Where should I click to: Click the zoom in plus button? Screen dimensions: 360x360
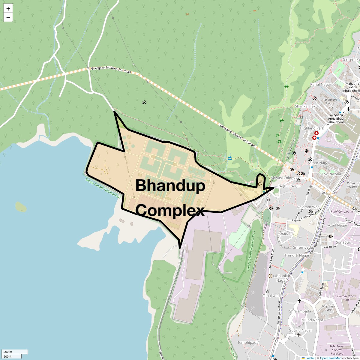click(x=8, y=9)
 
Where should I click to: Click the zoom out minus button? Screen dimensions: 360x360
click(x=8, y=18)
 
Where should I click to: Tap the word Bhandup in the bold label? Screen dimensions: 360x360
click(x=170, y=186)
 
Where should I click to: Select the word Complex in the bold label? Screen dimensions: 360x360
click(x=170, y=210)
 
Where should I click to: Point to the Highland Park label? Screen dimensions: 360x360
click(x=312, y=128)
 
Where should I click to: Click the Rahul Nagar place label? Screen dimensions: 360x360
click(x=321, y=85)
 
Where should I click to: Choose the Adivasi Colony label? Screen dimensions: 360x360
click(x=283, y=178)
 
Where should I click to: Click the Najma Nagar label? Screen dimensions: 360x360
click(x=289, y=186)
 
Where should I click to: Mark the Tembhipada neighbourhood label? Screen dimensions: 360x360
click(x=248, y=343)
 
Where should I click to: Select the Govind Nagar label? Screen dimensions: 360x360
click(x=300, y=330)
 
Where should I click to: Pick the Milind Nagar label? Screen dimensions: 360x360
click(x=312, y=320)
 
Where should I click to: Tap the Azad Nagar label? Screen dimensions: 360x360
click(x=338, y=225)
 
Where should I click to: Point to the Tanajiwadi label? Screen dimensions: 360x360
click(x=272, y=296)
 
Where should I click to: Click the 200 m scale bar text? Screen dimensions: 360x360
click(x=8, y=352)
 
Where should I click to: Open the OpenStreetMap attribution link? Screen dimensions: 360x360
click(x=330, y=358)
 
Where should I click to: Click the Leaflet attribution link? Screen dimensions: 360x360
click(x=310, y=358)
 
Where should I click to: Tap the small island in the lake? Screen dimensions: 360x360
click(x=21, y=206)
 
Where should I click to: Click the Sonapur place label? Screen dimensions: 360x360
click(x=343, y=242)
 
